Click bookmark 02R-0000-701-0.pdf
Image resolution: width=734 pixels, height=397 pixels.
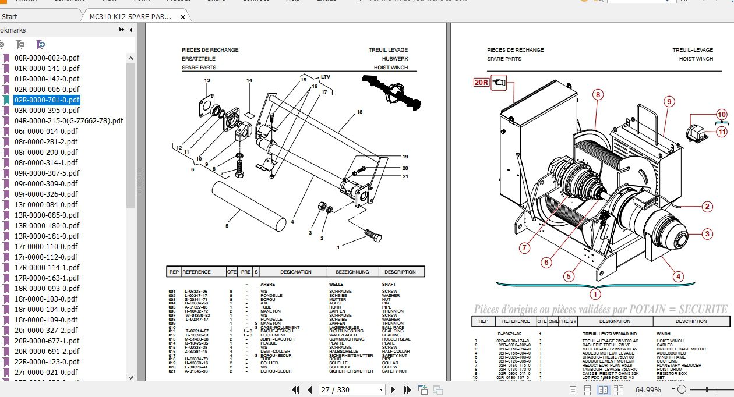[47, 100]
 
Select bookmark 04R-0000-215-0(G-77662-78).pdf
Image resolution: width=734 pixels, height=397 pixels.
[69, 120]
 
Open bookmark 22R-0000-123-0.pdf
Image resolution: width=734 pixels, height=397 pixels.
[47, 361]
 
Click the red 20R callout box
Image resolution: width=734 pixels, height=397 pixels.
[481, 83]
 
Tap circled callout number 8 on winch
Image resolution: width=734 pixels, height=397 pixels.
[598, 94]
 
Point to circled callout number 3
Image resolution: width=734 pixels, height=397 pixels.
[707, 234]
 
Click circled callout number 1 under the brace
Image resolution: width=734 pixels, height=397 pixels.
[595, 294]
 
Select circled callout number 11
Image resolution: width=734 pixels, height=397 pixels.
[722, 132]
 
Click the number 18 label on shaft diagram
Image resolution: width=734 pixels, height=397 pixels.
[359, 112]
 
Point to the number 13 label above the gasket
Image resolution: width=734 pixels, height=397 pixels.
[207, 80]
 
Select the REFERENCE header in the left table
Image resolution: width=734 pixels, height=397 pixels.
[196, 272]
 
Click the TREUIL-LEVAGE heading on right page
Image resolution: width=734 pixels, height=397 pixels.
[692, 50]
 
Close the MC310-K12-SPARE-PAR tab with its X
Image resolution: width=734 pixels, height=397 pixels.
[183, 17]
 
